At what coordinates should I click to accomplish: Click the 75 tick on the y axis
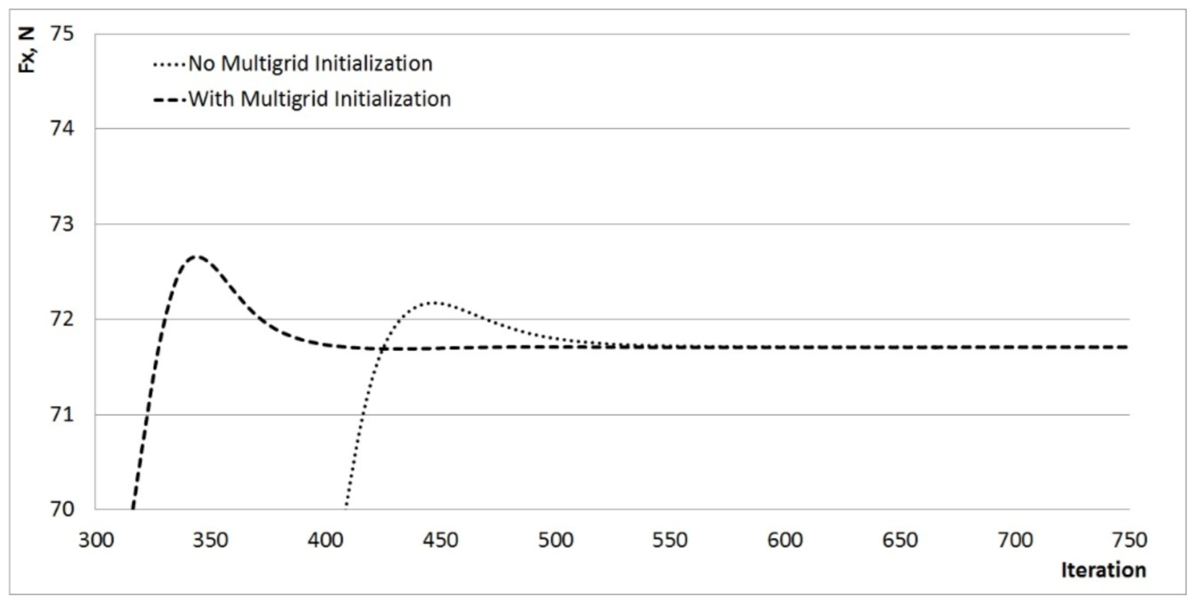62,34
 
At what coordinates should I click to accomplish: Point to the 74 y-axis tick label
62,129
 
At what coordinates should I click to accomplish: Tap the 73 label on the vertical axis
62,224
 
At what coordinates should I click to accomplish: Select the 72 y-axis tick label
62,319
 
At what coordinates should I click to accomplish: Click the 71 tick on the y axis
62,415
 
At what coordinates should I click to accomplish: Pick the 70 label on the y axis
62,509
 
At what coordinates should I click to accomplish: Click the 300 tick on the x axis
96,540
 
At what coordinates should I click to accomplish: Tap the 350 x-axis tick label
210,540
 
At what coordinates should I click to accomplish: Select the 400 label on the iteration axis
325,540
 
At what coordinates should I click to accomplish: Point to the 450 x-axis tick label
440,540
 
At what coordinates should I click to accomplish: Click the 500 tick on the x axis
555,540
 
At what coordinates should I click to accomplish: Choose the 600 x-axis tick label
785,540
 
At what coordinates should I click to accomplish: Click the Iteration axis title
1103,570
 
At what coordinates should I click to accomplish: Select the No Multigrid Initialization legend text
310,64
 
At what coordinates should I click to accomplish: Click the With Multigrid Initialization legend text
320,99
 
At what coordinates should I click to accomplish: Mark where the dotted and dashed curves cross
381,349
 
